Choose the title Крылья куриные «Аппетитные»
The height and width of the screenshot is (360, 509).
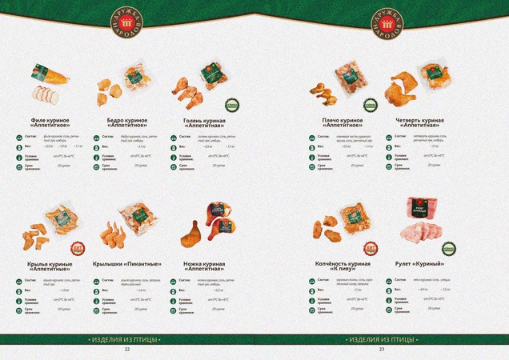(50, 266)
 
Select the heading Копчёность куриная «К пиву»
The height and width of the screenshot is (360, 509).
(343, 266)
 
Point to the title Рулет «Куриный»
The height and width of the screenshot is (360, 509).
(419, 264)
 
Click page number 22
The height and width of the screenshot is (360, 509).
(126, 350)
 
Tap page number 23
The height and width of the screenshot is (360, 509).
(382, 350)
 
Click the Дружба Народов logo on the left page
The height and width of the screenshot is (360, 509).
(126, 24)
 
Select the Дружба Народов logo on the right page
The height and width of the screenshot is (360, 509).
(382, 24)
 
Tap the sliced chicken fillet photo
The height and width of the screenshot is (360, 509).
(46, 84)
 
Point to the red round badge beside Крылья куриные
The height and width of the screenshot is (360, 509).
(78, 248)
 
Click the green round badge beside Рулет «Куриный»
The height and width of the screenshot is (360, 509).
(449, 249)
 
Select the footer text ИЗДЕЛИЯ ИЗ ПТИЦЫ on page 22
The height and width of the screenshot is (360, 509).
(126, 339)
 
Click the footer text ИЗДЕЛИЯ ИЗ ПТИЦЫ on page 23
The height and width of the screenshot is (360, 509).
(382, 339)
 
